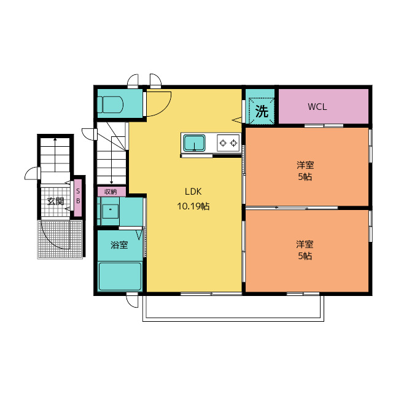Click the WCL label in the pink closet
[317, 107]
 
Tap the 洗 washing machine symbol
[262, 111]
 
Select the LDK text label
[193, 192]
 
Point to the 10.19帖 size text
[193, 206]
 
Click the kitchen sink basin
[194, 143]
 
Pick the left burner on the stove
[223, 143]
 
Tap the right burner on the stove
[233, 143]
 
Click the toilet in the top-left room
[111, 105]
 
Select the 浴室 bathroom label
[119, 245]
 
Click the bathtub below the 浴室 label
[120, 276]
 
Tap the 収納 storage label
[111, 192]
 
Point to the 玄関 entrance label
[55, 201]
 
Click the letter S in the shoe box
[78, 191]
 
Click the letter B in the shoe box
[78, 201]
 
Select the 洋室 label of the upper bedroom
[305, 165]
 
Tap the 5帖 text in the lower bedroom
[305, 256]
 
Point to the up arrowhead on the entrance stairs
[55, 139]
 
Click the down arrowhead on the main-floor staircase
[112, 182]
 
